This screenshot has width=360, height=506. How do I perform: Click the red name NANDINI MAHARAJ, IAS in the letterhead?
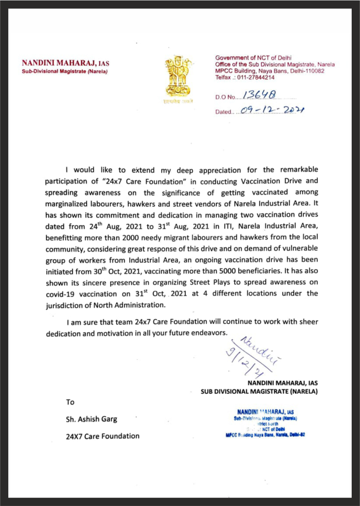point(66,63)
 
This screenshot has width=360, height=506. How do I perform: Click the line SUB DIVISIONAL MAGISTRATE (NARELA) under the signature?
point(259,391)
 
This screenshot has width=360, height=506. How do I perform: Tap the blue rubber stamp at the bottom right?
point(265,423)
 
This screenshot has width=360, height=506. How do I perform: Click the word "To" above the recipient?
point(70,402)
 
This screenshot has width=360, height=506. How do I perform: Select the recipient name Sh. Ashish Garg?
point(92,419)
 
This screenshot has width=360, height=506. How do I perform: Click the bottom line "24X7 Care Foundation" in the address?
point(102,436)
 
